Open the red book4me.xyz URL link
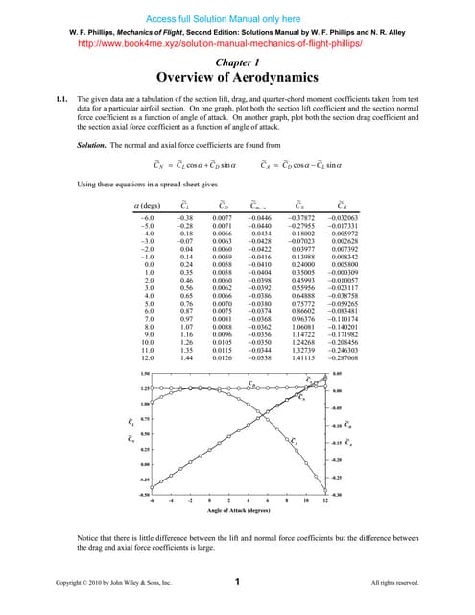tap(237, 42)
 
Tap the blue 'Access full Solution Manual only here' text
tap(237, 16)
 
